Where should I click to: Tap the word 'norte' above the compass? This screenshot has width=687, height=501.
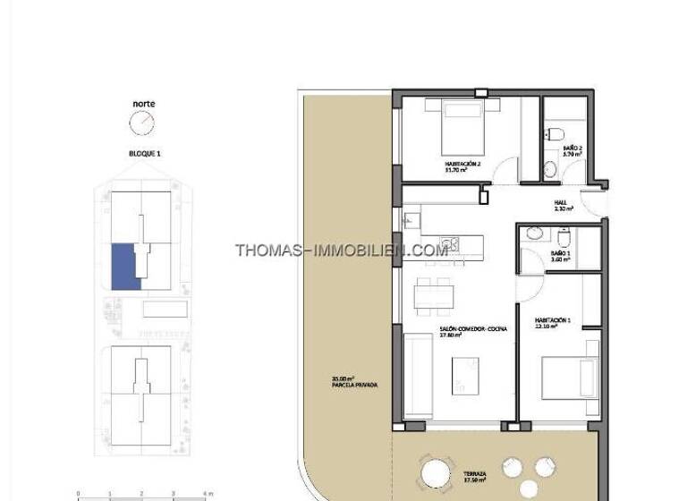tap(143, 104)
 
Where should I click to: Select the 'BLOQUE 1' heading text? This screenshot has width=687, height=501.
tap(143, 154)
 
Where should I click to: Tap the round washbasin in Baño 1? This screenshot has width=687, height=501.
tap(535, 234)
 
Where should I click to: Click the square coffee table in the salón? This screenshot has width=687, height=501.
tap(464, 369)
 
